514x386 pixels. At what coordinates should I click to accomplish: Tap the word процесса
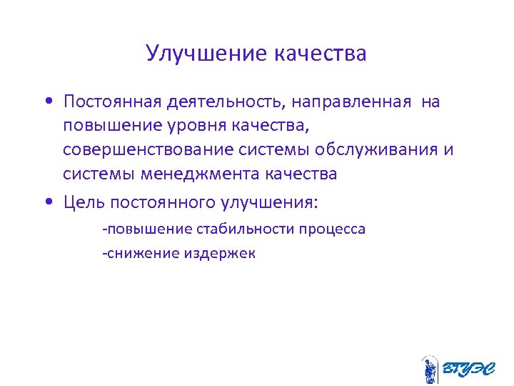pos(333,229)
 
